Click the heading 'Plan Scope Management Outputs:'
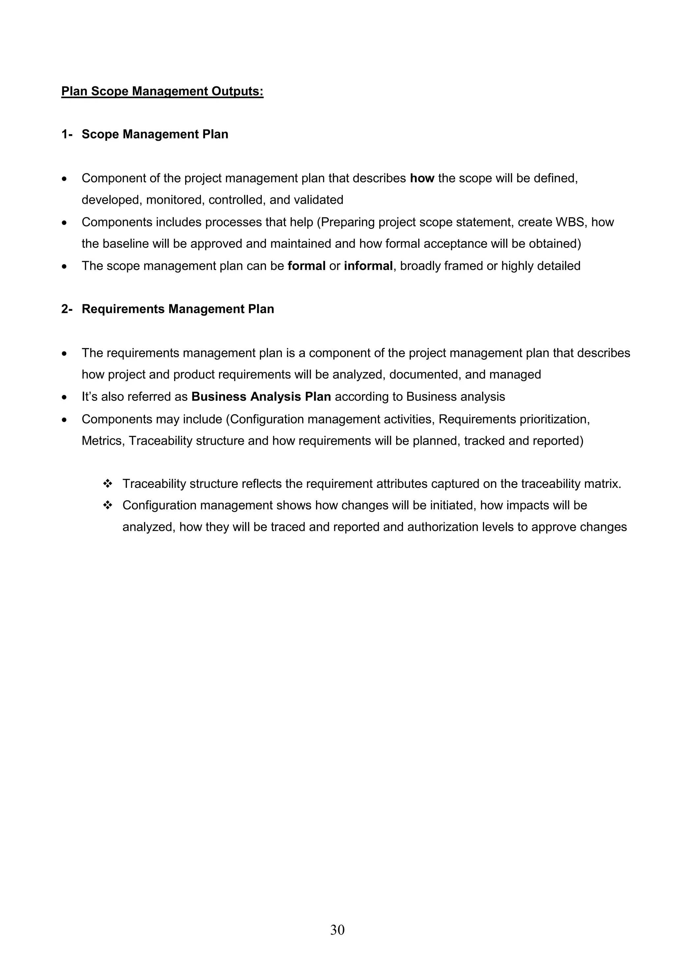coord(162,91)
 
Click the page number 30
coord(337,930)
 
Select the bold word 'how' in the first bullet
coord(422,178)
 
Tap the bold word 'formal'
coord(306,266)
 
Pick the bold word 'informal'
coord(368,266)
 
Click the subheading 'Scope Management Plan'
coord(155,134)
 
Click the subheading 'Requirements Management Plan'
coord(178,309)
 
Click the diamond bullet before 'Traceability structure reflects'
coord(108,484)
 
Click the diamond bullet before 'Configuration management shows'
coord(108,505)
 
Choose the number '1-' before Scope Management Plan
coord(67,134)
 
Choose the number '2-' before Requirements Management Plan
coord(67,309)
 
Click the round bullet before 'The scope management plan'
coord(64,267)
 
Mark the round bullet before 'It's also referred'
coord(64,398)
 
